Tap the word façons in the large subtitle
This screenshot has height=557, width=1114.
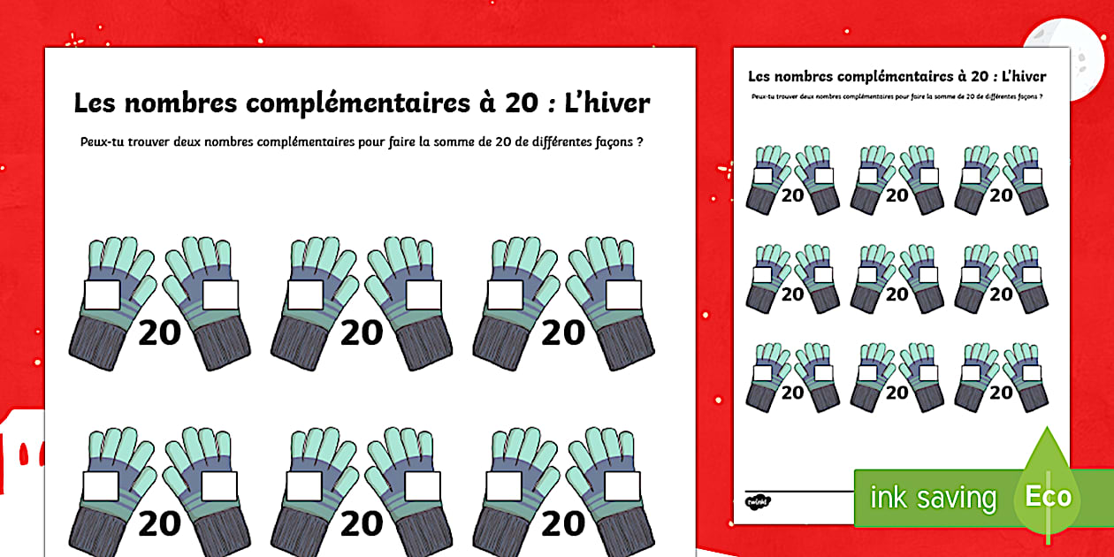pyautogui.click(x=606, y=141)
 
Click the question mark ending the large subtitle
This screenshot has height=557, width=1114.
pyautogui.click(x=639, y=141)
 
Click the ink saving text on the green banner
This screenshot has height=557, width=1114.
pyautogui.click(x=933, y=498)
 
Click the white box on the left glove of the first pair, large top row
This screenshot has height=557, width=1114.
pyautogui.click(x=103, y=295)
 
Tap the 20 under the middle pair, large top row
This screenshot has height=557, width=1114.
pyautogui.click(x=361, y=333)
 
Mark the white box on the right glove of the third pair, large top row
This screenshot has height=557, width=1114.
pyautogui.click(x=622, y=295)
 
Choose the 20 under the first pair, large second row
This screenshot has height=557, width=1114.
pyautogui.click(x=159, y=524)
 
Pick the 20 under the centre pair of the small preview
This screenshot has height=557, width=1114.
pyautogui.click(x=897, y=294)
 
